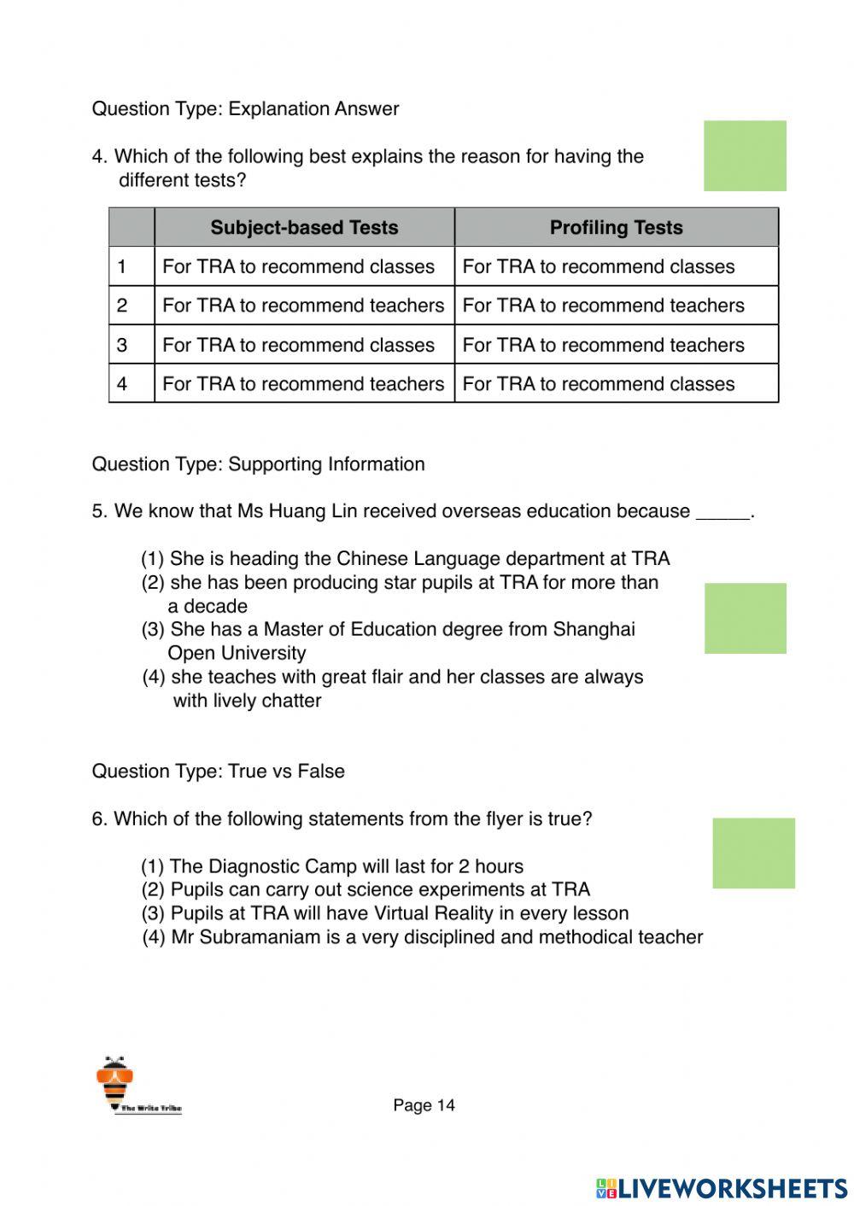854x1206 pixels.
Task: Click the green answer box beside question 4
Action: click(745, 156)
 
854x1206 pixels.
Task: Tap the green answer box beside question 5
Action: click(745, 619)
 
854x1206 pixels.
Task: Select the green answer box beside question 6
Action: click(753, 854)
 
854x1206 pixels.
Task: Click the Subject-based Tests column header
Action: click(304, 228)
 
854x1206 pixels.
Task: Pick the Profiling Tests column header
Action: click(616, 228)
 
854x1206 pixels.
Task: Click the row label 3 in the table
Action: click(122, 345)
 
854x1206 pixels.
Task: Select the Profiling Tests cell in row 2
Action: click(604, 306)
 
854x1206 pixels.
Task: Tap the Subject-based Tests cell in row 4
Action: click(303, 384)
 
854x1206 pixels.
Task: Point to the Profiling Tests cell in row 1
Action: click(598, 266)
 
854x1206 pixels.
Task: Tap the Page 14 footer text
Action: click(424, 1105)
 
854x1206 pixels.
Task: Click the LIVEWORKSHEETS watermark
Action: click(722, 1188)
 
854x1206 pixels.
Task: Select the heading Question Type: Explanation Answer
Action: click(245, 109)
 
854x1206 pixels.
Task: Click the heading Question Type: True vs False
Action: click(218, 772)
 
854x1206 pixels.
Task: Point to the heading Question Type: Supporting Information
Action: click(258, 464)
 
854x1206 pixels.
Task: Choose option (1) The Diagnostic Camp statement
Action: click(332, 866)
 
